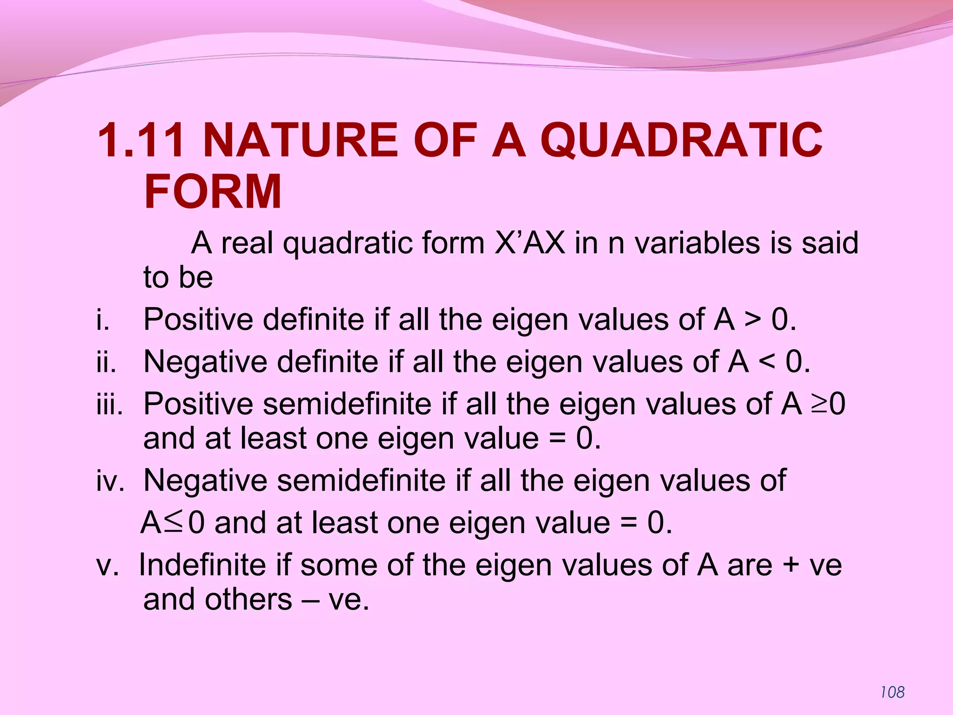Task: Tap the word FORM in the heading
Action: point(213,191)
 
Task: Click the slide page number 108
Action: point(892,692)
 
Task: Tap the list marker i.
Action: point(103,320)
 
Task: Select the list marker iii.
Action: point(110,404)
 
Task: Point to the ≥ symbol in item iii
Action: point(819,404)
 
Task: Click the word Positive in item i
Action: point(198,320)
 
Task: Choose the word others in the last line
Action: point(248,599)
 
